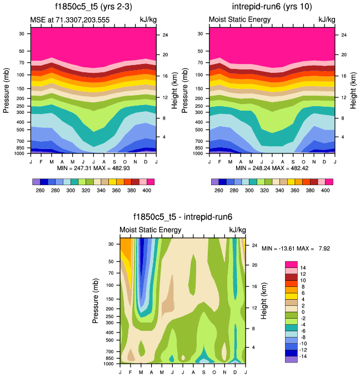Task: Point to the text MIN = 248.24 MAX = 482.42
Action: [x=272, y=167]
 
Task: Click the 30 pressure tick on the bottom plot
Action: [x=111, y=244]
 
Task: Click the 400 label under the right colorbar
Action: [x=325, y=190]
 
